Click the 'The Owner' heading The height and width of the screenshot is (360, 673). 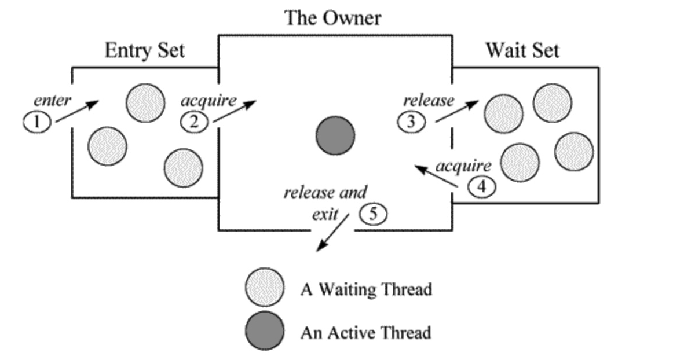[x=332, y=18]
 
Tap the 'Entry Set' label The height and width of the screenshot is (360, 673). [x=145, y=50]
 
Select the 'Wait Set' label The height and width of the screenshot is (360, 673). [x=522, y=50]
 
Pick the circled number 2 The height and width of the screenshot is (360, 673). [x=194, y=122]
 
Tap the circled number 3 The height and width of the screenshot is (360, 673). [x=411, y=122]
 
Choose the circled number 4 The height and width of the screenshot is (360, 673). [x=482, y=188]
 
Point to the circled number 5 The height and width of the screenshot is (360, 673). [x=373, y=214]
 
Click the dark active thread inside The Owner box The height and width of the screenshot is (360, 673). [x=335, y=135]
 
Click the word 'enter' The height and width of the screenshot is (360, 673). [x=52, y=101]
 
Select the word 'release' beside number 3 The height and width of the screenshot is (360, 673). [x=429, y=101]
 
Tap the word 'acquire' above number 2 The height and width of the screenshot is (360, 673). [x=209, y=101]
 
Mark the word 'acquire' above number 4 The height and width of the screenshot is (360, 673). [x=463, y=166]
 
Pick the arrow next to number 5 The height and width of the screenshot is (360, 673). [x=332, y=233]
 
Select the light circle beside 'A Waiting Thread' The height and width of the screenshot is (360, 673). [x=265, y=287]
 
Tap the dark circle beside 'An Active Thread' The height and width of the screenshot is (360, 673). [x=265, y=332]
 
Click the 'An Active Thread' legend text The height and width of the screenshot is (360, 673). [x=365, y=333]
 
